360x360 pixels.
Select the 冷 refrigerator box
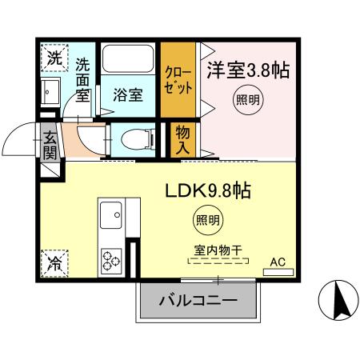point(53,260)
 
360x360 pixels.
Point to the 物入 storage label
point(183,140)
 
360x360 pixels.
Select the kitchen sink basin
point(110,214)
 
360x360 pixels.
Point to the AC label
point(277,261)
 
